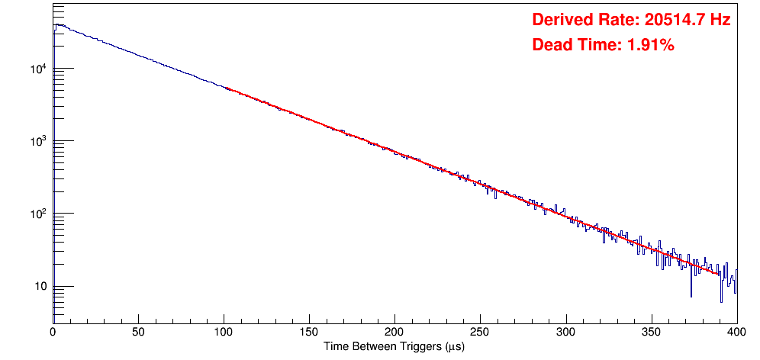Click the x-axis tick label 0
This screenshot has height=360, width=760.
[53, 333]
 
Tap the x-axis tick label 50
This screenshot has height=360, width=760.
[138, 333]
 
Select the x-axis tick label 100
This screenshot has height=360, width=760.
[224, 333]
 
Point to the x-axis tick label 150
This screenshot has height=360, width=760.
[309, 333]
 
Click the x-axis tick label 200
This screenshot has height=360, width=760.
[394, 333]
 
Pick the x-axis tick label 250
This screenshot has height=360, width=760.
[480, 333]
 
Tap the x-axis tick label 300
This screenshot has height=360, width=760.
[566, 333]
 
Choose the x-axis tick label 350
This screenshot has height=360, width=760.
[652, 333]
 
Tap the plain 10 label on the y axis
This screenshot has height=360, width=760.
[40, 288]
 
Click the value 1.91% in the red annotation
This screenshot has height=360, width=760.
[650, 46]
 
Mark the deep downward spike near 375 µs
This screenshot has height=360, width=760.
[691, 294]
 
